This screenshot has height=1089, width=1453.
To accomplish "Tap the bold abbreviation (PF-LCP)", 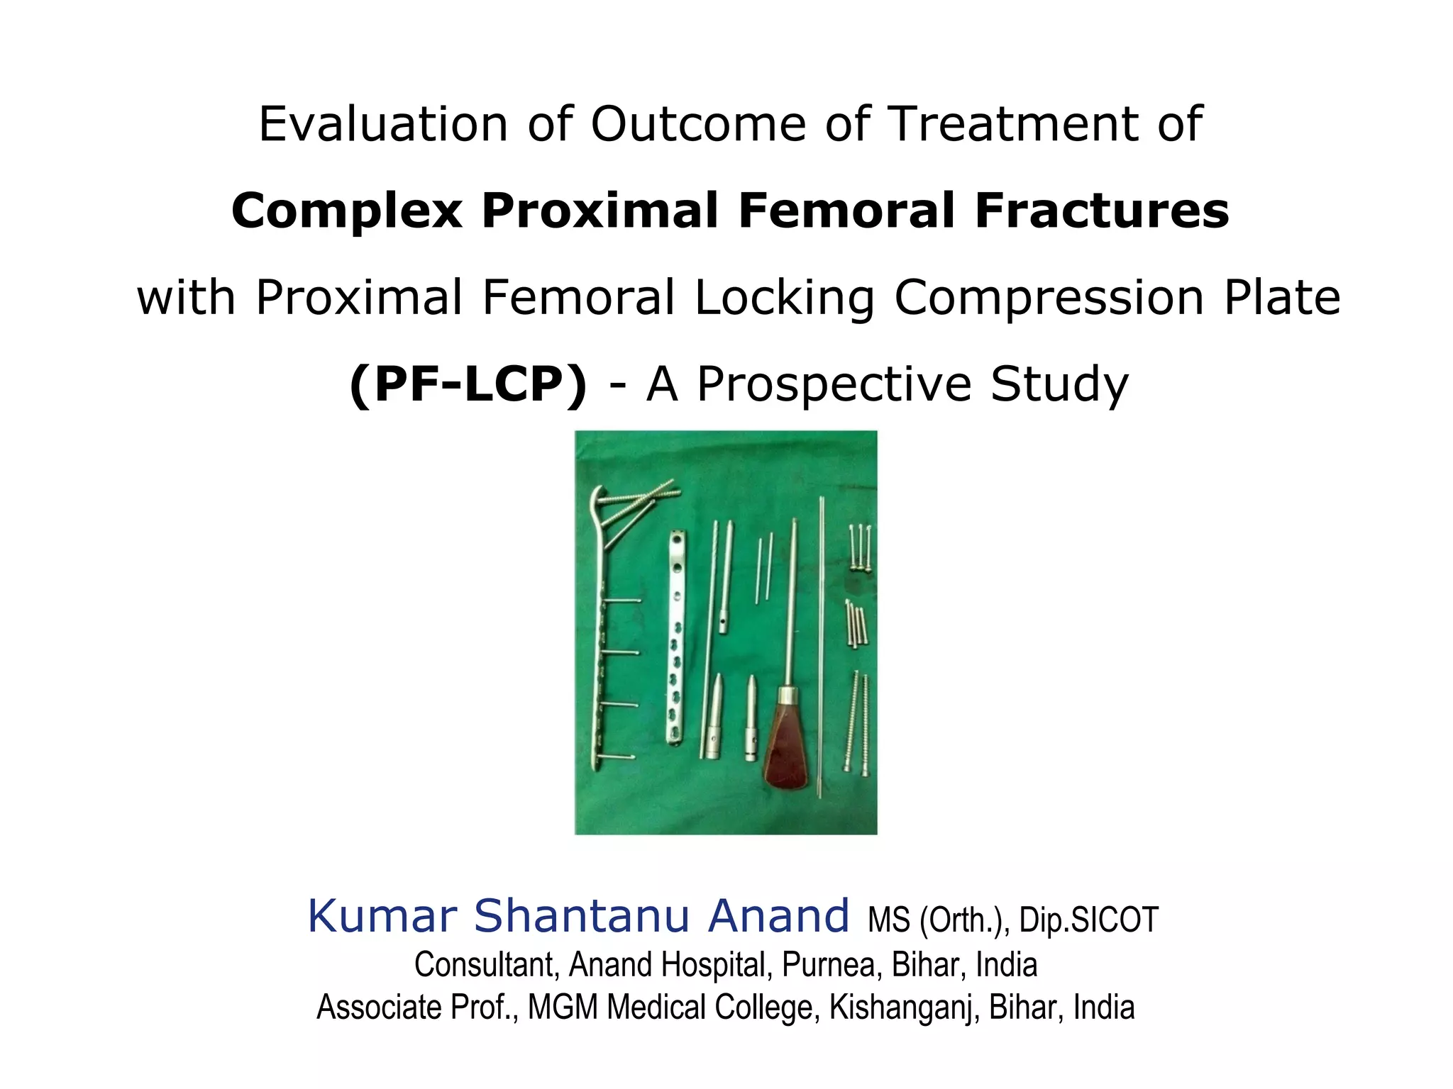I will click(468, 384).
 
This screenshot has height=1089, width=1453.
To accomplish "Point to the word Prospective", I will click(834, 384).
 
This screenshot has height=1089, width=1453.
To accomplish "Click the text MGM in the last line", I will click(562, 1007).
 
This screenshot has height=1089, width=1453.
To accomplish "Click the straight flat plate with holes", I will click(675, 638).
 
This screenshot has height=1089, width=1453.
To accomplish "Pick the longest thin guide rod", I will click(821, 645).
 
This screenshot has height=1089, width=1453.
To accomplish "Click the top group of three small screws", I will click(860, 547).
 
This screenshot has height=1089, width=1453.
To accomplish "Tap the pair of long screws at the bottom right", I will click(857, 723).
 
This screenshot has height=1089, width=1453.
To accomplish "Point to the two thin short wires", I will click(764, 567).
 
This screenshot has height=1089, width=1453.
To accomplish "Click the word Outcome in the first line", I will click(698, 124).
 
